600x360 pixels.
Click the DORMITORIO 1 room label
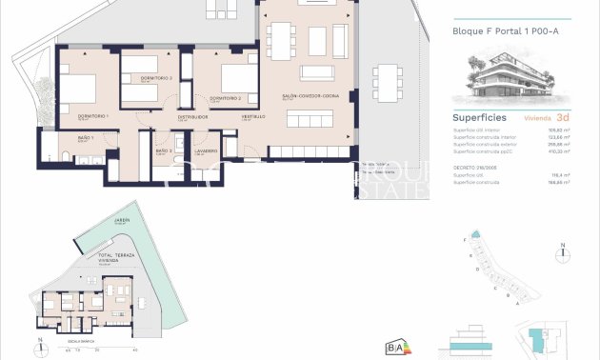pos(94,115)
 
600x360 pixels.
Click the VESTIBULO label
pos(252,116)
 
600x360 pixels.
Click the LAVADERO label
pos(207,150)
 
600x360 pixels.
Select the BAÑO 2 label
pos(163,150)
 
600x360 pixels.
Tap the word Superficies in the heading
pos(479,118)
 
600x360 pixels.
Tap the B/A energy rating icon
pos(395,347)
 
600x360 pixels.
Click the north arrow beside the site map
pos(565,251)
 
